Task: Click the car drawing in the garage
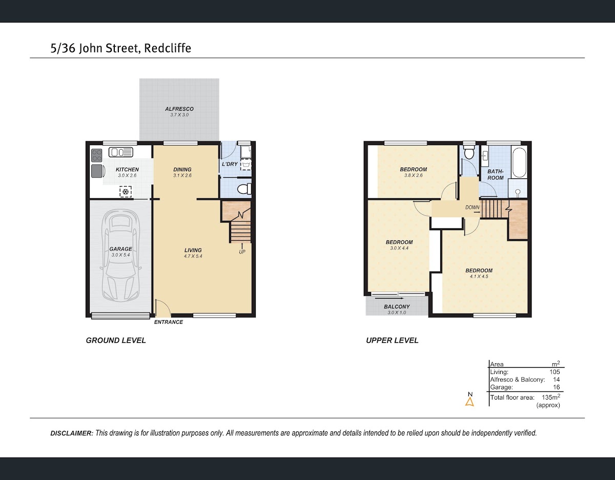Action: pyautogui.click(x=121, y=256)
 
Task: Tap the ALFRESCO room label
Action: pyautogui.click(x=179, y=109)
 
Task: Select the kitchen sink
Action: pyautogui.click(x=121, y=153)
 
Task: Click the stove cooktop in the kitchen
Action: pyautogui.click(x=97, y=155)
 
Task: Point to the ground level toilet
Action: pyautogui.click(x=243, y=189)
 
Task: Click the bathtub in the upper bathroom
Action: pyautogui.click(x=519, y=162)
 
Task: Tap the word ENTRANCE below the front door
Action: pyautogui.click(x=169, y=322)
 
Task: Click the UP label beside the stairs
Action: pyautogui.click(x=242, y=252)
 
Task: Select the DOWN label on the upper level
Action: pyautogui.click(x=473, y=207)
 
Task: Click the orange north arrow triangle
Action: pyautogui.click(x=469, y=402)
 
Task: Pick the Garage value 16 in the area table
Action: pyautogui.click(x=556, y=387)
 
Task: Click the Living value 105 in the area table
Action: pyautogui.click(x=555, y=372)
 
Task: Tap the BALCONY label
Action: pyautogui.click(x=397, y=307)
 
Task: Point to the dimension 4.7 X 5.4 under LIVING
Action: pyautogui.click(x=193, y=256)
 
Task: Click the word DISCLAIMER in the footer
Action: pyautogui.click(x=72, y=433)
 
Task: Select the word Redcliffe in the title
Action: pyautogui.click(x=168, y=48)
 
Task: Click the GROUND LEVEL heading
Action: pyautogui.click(x=116, y=340)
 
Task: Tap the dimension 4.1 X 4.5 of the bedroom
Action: pyautogui.click(x=479, y=276)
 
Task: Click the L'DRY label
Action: pyautogui.click(x=230, y=164)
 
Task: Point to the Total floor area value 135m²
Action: pyautogui.click(x=551, y=397)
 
